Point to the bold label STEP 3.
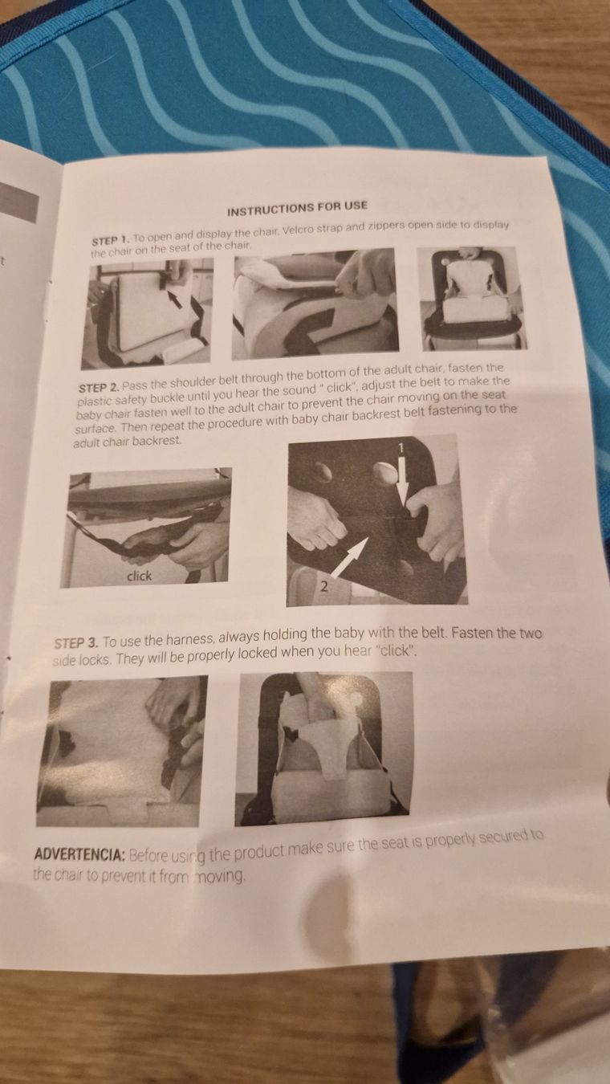click(x=76, y=643)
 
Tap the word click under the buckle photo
click(x=140, y=576)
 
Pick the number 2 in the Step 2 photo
click(x=324, y=587)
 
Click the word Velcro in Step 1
click(x=297, y=230)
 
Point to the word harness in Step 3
click(x=190, y=640)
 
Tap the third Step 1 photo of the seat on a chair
click(x=471, y=298)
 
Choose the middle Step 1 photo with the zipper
click(x=315, y=304)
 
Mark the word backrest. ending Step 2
click(x=157, y=442)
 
